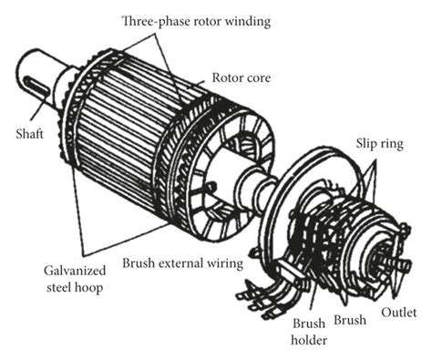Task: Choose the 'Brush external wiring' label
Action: pos(186,263)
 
